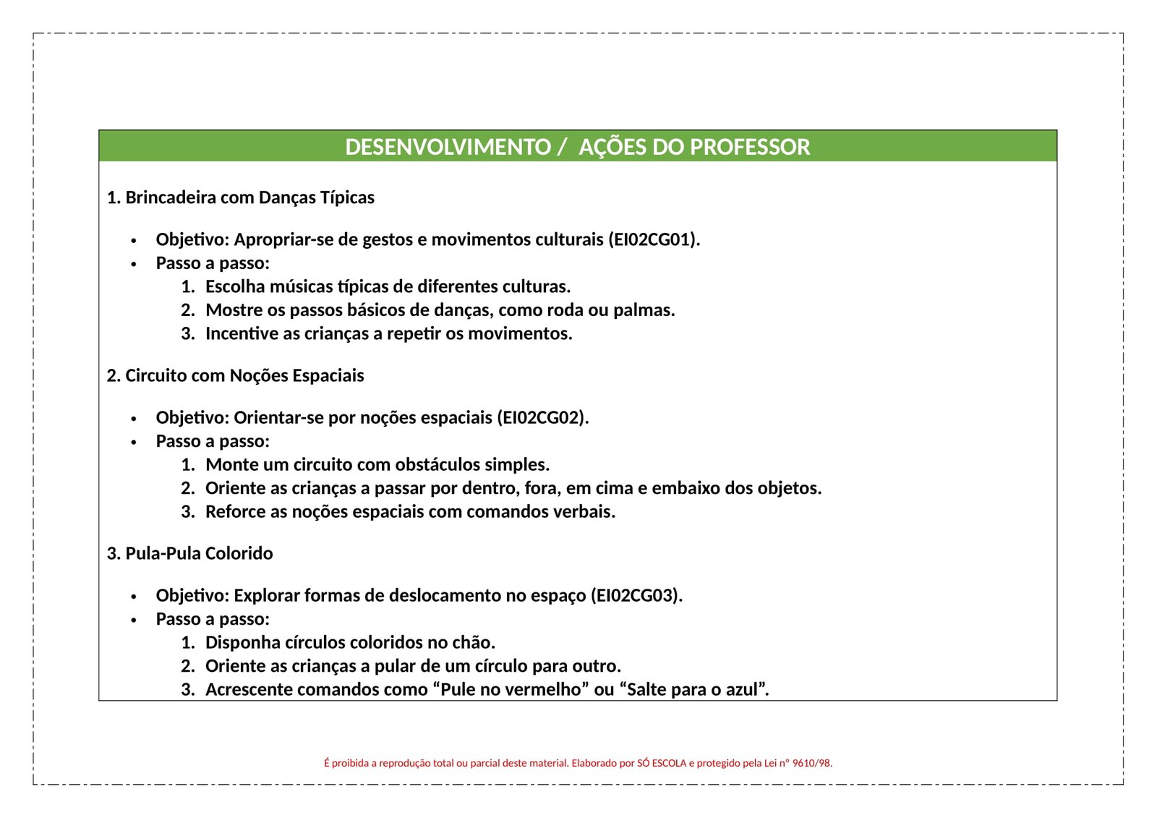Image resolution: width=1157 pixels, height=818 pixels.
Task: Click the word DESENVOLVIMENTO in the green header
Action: tap(448, 147)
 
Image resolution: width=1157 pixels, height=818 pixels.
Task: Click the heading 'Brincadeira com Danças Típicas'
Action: tap(249, 197)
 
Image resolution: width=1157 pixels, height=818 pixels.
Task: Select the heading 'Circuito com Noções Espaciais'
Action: tap(244, 375)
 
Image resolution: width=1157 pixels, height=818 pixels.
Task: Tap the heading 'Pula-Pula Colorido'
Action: tap(199, 553)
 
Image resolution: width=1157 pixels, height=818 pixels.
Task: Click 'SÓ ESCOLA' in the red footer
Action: tap(662, 763)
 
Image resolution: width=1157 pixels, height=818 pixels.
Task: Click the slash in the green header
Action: tap(562, 148)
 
